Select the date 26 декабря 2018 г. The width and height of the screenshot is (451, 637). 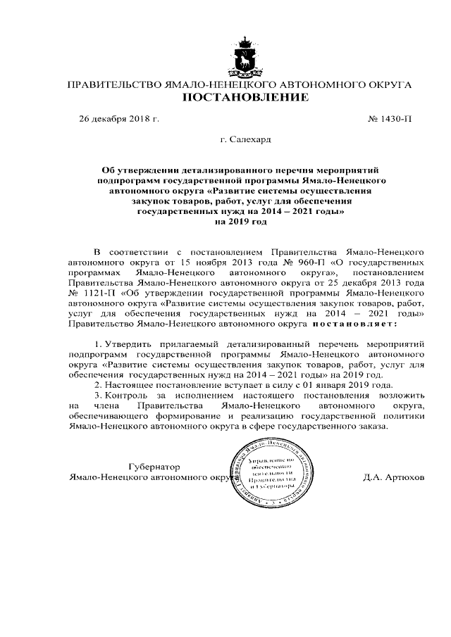119,119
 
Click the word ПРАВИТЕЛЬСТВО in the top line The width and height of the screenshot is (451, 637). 113,84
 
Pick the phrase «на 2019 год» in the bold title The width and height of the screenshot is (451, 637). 240,221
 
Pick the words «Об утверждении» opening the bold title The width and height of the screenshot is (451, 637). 138,170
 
